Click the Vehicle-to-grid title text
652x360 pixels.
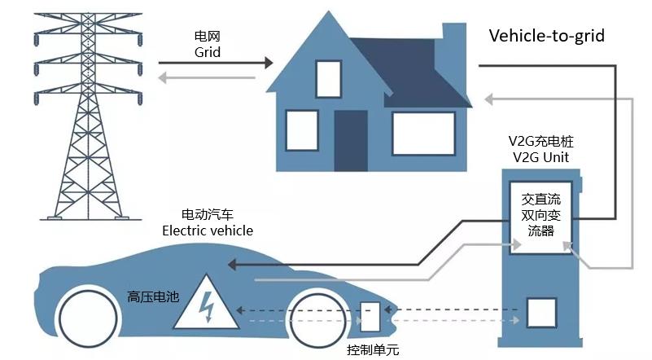tap(546, 37)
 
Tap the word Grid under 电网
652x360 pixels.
tap(208, 52)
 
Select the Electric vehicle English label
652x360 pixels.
tap(207, 230)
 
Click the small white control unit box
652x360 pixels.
tap(370, 316)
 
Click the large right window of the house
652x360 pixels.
tap(423, 134)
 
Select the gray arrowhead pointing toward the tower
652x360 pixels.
tap(162, 78)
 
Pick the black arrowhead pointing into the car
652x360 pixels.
tap(233, 265)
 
